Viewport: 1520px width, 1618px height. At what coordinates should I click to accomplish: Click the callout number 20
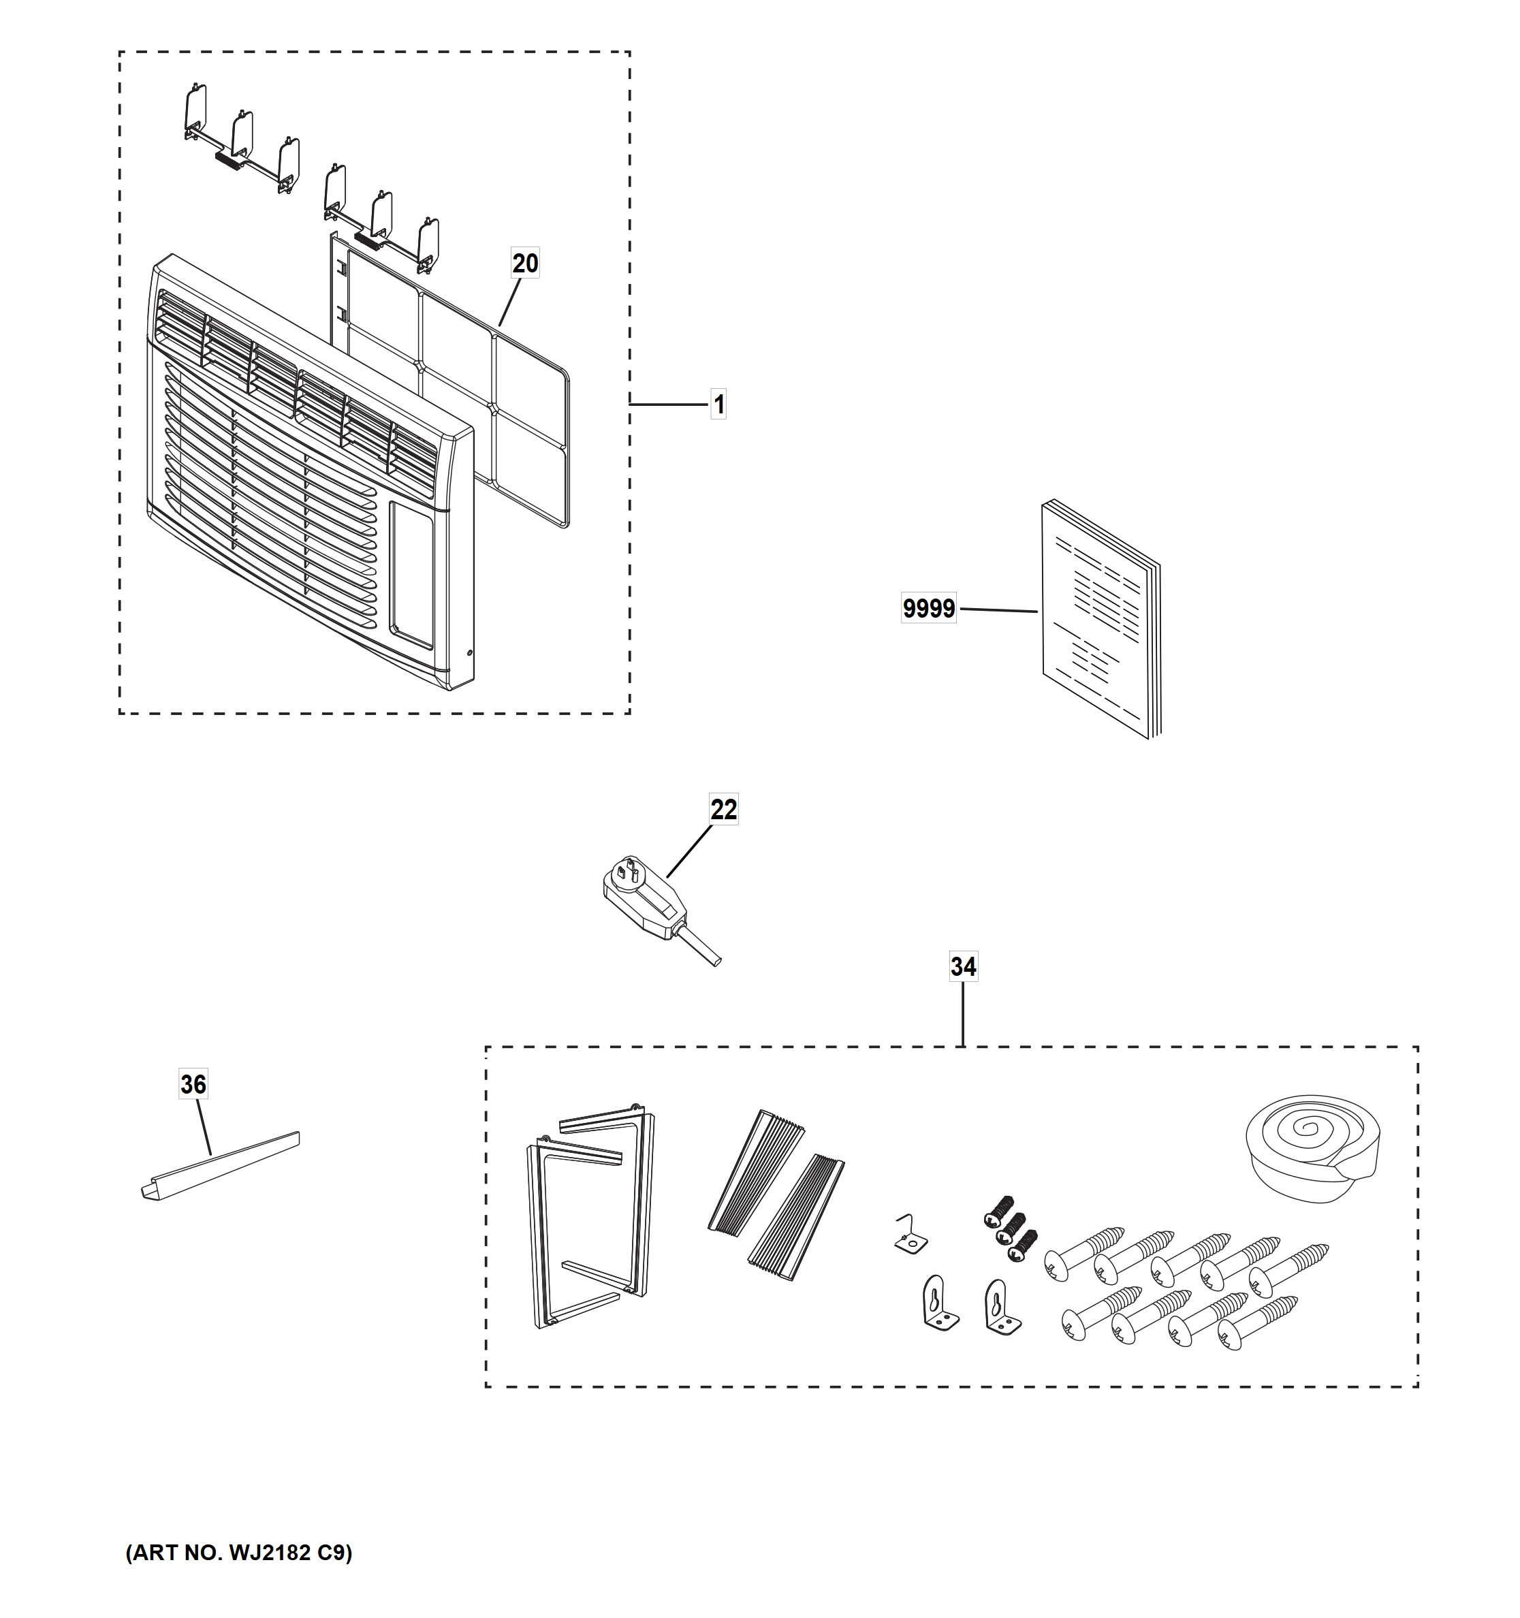pyautogui.click(x=525, y=263)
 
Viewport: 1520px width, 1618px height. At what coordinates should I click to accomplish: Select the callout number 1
pyautogui.click(x=718, y=404)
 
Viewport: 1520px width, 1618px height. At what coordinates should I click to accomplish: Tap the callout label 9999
pyautogui.click(x=928, y=608)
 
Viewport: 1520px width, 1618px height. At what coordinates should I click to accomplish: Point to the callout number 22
pyautogui.click(x=723, y=809)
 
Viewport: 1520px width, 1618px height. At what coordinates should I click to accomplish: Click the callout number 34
pyautogui.click(x=963, y=966)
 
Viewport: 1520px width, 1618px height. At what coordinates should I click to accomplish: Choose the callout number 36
pyautogui.click(x=193, y=1083)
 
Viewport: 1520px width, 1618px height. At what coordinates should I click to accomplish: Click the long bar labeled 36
pyautogui.click(x=220, y=1165)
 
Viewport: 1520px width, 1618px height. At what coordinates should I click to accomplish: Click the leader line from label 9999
pyautogui.click(x=997, y=609)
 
